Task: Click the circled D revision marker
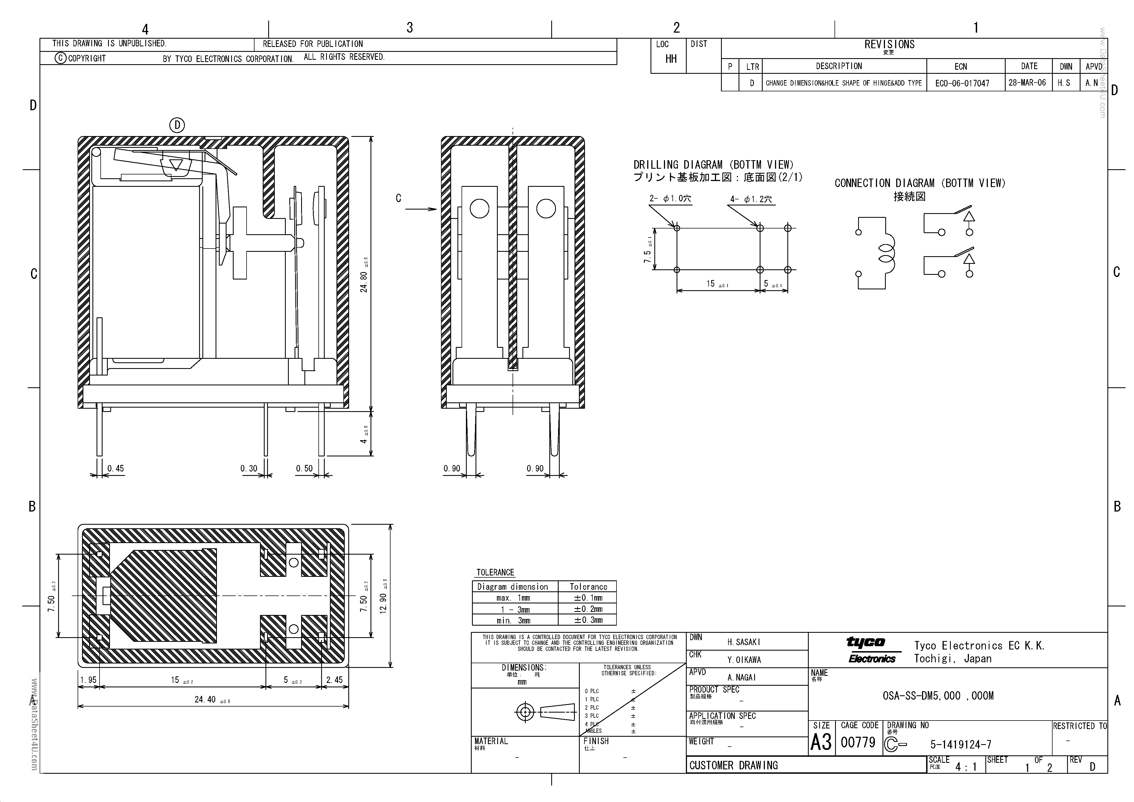[x=177, y=125]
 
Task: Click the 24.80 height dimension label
[x=364, y=281]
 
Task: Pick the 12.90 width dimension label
[x=383, y=603]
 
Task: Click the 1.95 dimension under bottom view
[x=88, y=680]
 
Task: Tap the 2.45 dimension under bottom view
[x=334, y=680]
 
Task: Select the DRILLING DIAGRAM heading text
[x=713, y=165]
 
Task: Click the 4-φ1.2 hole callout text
[x=751, y=199]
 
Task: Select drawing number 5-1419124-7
[x=961, y=744]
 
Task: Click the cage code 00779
[x=858, y=742]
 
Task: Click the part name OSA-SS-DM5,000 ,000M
[x=938, y=696]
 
